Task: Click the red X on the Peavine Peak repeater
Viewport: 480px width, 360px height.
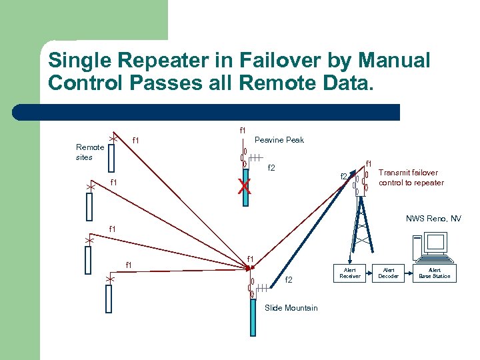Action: pyautogui.click(x=246, y=187)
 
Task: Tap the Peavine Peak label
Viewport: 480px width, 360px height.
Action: pyautogui.click(x=280, y=140)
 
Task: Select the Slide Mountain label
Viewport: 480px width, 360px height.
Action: pyautogui.click(x=291, y=307)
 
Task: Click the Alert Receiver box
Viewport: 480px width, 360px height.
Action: pyautogui.click(x=350, y=273)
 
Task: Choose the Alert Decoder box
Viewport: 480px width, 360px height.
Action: pyautogui.click(x=389, y=273)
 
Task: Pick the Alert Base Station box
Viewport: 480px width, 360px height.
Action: pyautogui.click(x=434, y=273)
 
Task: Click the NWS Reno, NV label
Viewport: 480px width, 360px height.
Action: pyautogui.click(x=433, y=219)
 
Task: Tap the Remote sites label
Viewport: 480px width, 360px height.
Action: pyautogui.click(x=90, y=152)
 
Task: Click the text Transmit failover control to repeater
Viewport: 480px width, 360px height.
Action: pyautogui.click(x=411, y=177)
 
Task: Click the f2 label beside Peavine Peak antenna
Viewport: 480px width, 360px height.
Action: pyautogui.click(x=271, y=168)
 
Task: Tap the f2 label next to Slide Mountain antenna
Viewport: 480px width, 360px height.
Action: pyautogui.click(x=289, y=280)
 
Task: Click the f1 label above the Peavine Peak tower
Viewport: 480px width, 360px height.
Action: pyautogui.click(x=242, y=130)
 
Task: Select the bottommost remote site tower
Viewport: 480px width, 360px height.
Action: pyautogui.click(x=109, y=297)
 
